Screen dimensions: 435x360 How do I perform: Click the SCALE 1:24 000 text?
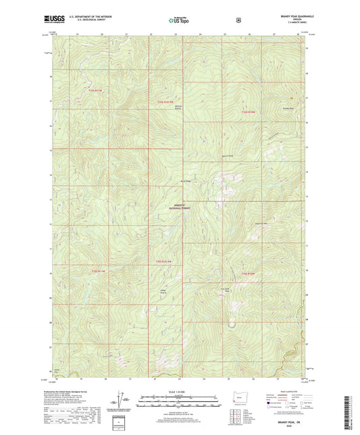coord(180,392)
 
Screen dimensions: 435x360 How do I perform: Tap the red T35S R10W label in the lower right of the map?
coord(247,274)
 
